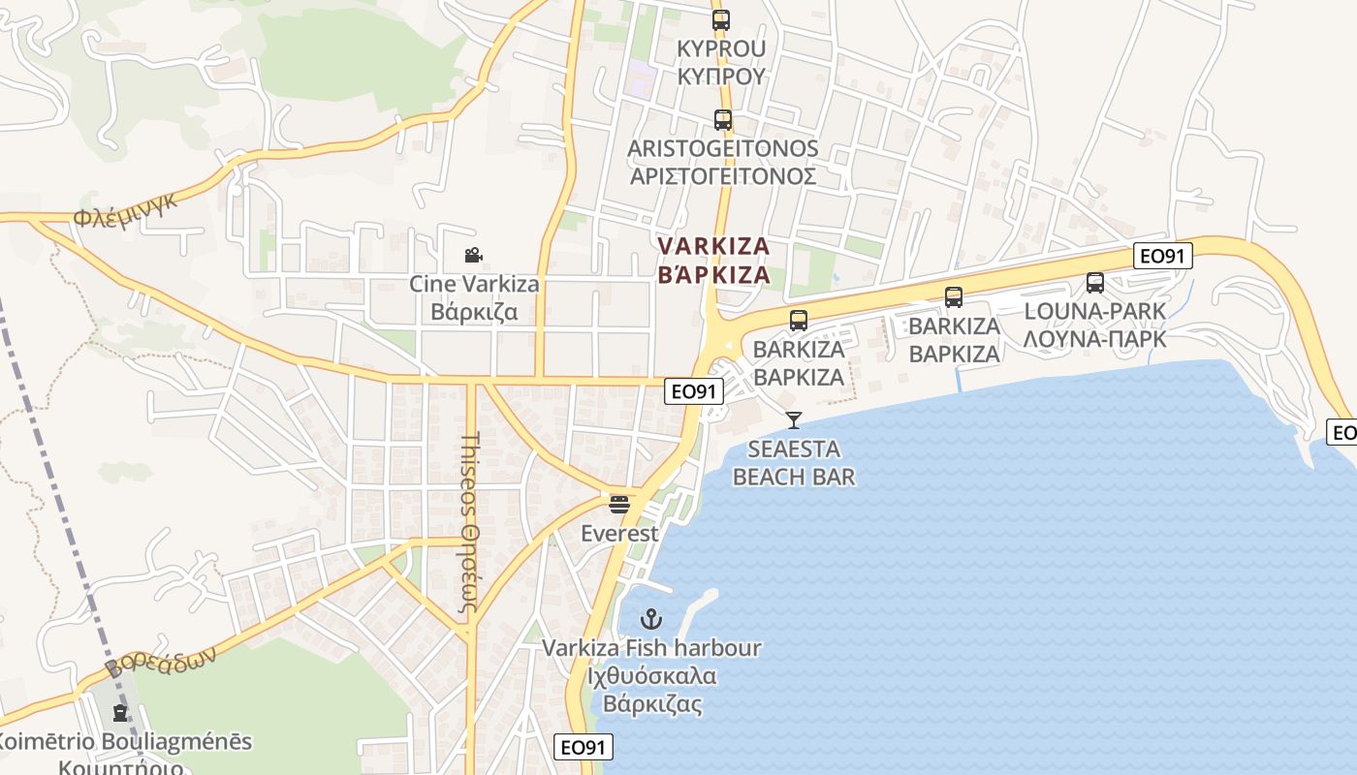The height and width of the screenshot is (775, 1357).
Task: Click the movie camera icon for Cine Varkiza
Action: [x=473, y=256]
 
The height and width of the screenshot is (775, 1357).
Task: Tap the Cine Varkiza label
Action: [x=474, y=298]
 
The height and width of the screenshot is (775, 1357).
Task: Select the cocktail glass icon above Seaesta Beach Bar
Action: [x=794, y=420]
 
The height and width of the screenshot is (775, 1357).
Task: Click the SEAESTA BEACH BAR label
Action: [x=794, y=463]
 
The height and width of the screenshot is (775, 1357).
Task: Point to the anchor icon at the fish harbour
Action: [x=651, y=619]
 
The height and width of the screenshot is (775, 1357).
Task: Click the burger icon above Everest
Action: [x=619, y=505]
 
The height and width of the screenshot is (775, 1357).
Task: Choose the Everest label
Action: [x=619, y=534]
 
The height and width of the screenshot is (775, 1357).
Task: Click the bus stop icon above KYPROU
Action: [x=720, y=20]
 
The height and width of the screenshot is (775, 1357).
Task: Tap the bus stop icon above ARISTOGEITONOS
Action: [x=722, y=120]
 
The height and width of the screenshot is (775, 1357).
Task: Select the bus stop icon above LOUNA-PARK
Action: [x=1095, y=283]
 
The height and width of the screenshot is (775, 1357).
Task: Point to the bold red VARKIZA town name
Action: [x=713, y=261]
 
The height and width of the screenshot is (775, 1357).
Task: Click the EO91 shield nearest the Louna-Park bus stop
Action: [x=1163, y=256]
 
